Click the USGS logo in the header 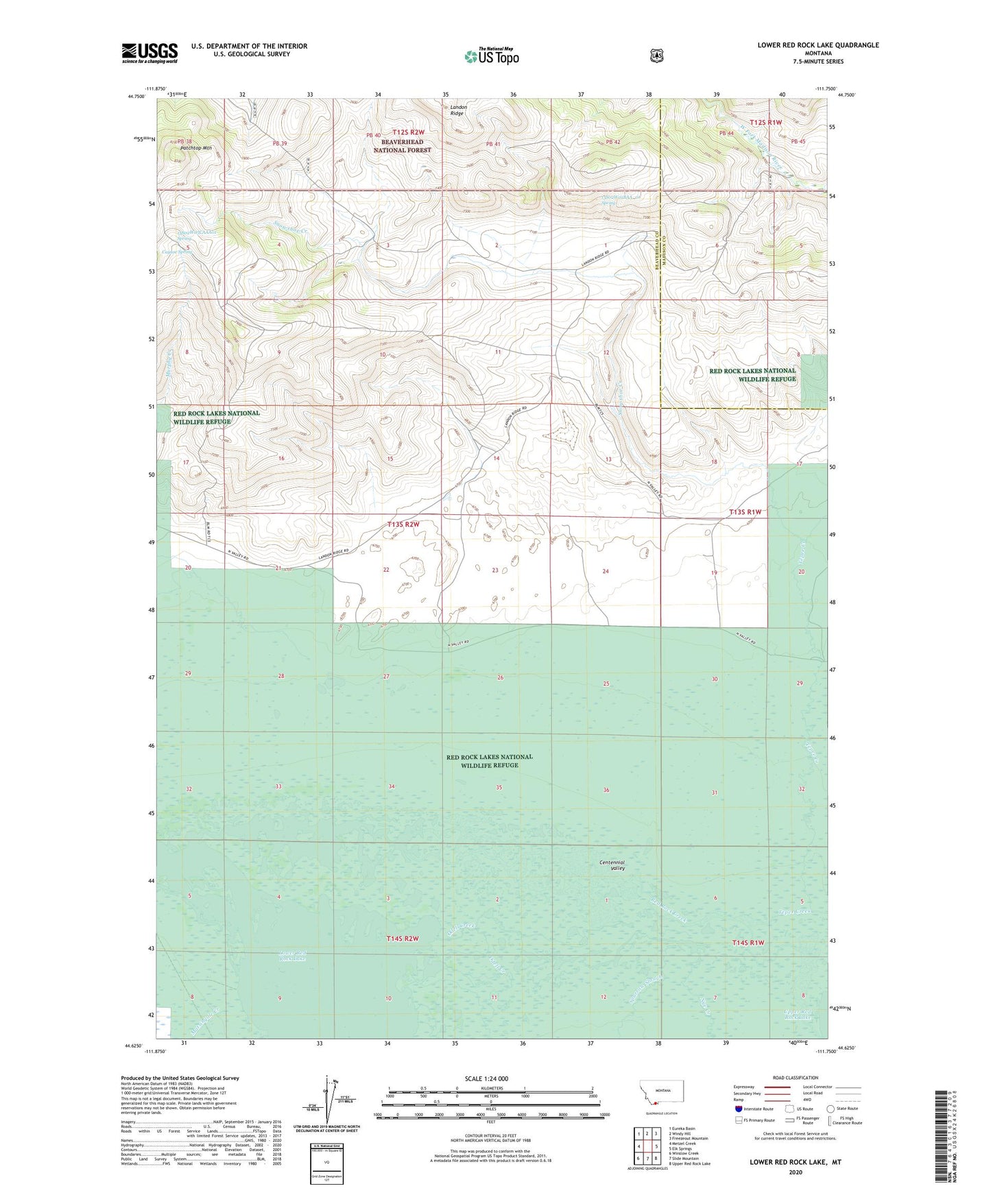tap(150, 53)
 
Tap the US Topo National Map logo tap(491, 56)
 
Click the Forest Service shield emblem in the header tap(656, 56)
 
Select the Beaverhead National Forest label tap(407, 145)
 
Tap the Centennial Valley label tap(612, 865)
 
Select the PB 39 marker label tap(279, 143)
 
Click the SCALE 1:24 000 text tap(486, 1078)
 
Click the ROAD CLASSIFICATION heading tap(795, 1078)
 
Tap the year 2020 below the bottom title tap(796, 1172)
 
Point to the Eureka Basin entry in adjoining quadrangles tap(683, 1128)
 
